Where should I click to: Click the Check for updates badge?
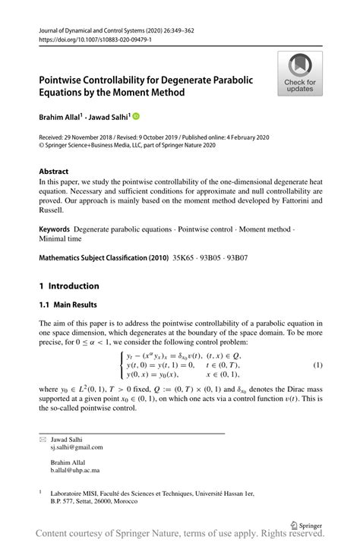click(300, 74)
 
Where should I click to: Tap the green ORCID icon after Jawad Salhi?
click(136, 117)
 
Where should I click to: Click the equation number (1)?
click(318, 365)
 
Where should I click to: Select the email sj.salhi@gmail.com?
click(77, 447)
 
